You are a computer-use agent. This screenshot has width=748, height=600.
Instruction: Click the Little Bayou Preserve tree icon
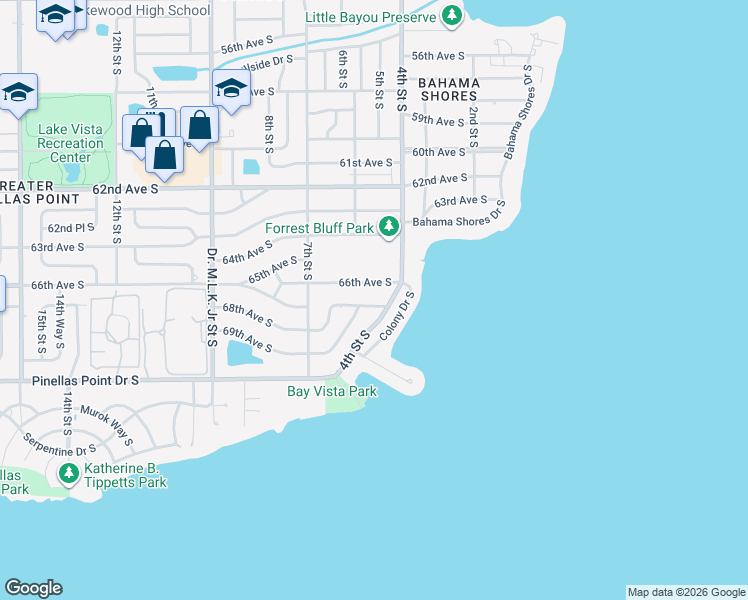point(453,16)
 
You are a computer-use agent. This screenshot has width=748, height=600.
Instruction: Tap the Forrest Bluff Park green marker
point(389,228)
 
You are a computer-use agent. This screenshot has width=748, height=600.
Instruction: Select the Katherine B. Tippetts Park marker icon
point(69,472)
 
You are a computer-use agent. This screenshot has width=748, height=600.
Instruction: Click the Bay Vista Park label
point(332,391)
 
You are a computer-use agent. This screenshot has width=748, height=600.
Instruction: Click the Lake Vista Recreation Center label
point(70,143)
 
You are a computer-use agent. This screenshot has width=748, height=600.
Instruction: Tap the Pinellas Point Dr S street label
point(69,381)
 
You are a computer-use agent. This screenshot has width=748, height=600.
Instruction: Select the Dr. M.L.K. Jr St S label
point(212,297)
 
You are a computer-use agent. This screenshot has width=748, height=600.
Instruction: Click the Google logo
point(33,588)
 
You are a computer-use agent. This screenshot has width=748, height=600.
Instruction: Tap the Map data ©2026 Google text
point(685,592)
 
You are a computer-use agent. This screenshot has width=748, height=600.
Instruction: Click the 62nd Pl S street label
point(70,228)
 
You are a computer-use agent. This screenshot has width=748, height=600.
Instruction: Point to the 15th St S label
point(41,330)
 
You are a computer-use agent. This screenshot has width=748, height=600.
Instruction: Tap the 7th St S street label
point(308,260)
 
